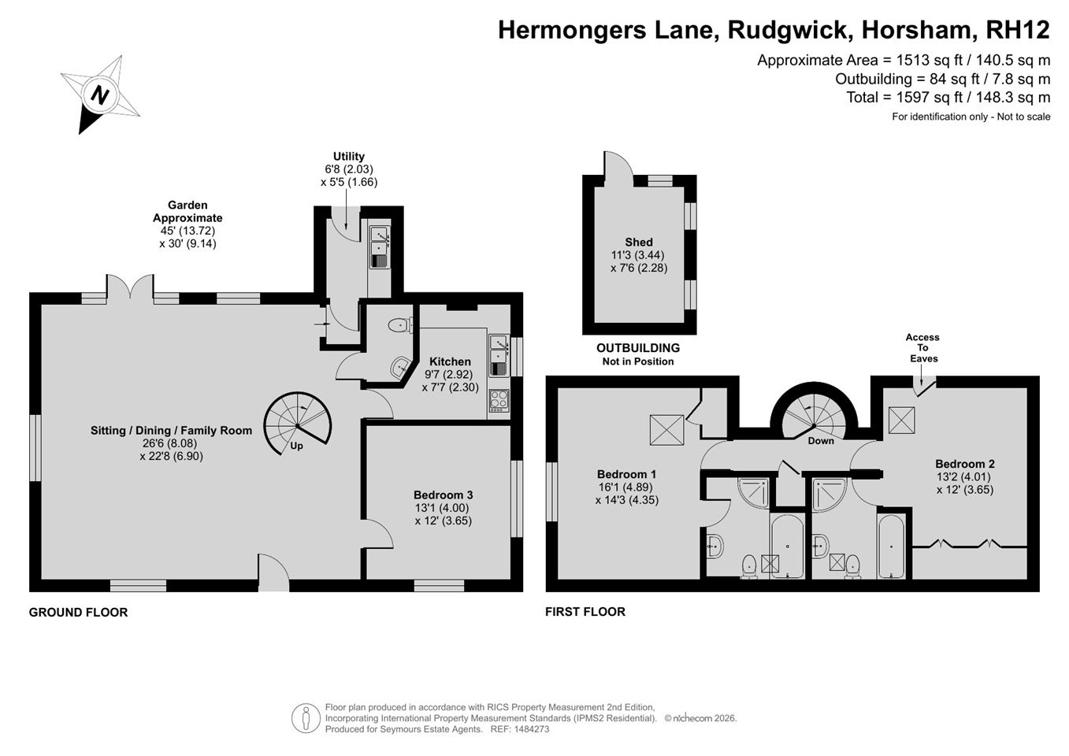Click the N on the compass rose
point(100,95)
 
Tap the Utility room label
point(349,156)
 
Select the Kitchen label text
point(450,361)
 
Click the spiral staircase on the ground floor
point(297,424)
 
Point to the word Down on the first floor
point(821,441)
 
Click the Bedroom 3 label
point(444,495)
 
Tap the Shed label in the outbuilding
point(639,242)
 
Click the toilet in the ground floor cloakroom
point(400,325)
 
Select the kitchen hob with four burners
point(499,401)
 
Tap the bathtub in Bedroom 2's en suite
point(891,546)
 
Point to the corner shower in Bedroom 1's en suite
point(754,492)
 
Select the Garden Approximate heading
point(187,211)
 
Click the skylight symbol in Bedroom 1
point(666,430)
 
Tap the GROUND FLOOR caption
point(78,613)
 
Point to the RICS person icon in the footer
point(306,718)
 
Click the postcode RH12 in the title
point(1018,30)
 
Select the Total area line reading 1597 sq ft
point(948,98)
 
